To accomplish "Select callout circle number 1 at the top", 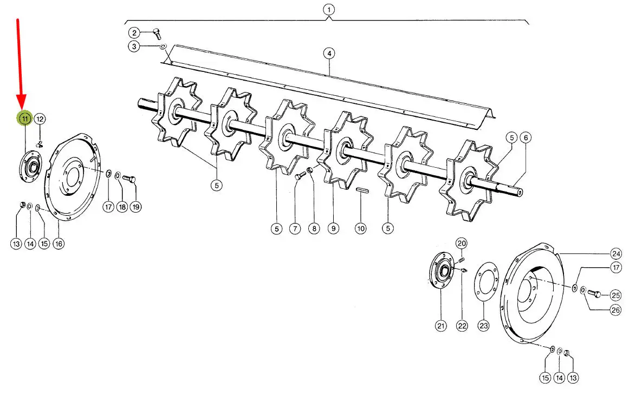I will click(328, 10).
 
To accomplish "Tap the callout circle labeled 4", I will click(328, 53).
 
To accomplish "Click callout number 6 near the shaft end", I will click(525, 137).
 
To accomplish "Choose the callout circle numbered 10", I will click(361, 228).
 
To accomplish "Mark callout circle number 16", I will click(58, 243).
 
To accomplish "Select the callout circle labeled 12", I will click(41, 119).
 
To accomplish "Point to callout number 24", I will click(615, 253).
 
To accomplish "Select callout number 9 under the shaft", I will click(333, 228).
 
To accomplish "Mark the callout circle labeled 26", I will click(615, 310).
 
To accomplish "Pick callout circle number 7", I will click(295, 228).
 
